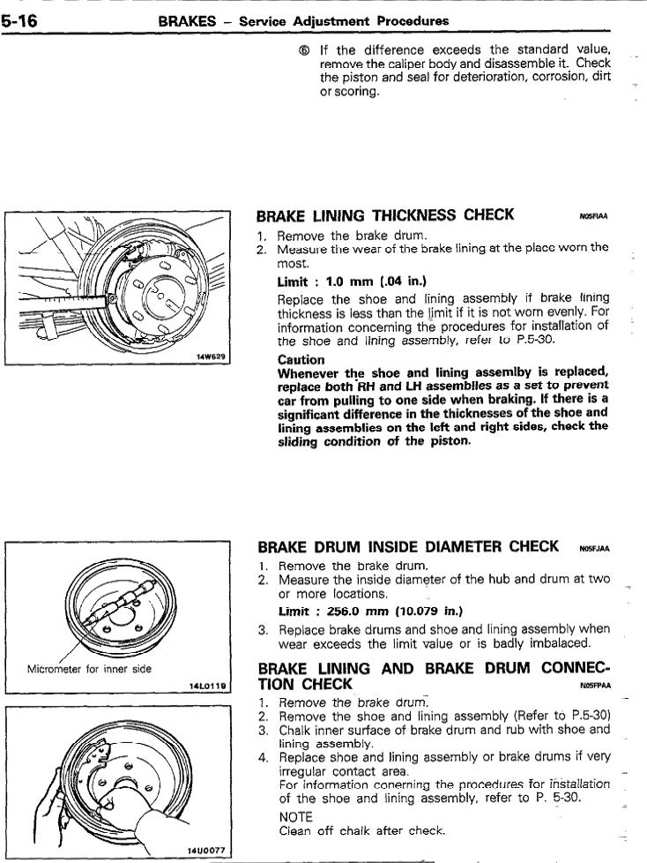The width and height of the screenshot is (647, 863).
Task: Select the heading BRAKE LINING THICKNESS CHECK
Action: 385,214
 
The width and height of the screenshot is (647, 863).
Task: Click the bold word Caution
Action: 301,360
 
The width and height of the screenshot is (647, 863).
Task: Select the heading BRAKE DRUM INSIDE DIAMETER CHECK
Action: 406,546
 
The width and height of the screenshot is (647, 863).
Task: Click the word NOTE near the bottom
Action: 296,817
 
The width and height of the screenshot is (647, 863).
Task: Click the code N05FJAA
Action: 593,549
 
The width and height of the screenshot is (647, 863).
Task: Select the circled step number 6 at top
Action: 304,49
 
